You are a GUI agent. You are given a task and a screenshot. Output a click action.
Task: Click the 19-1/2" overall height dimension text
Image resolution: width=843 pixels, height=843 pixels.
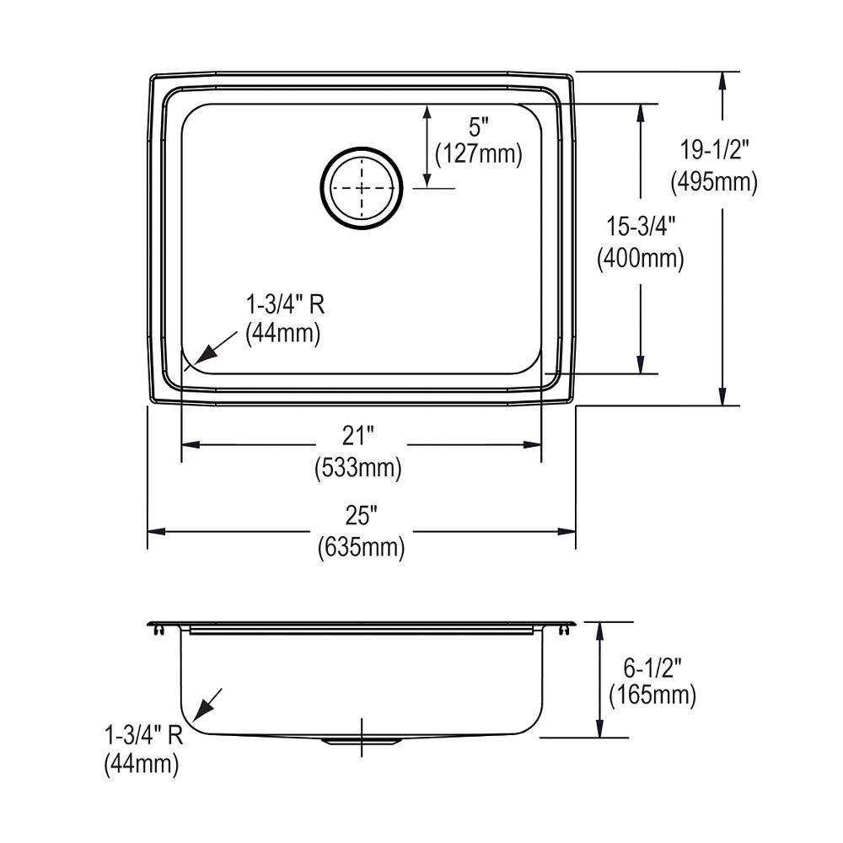(x=715, y=149)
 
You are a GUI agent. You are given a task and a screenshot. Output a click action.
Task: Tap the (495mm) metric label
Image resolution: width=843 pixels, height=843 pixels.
(x=714, y=182)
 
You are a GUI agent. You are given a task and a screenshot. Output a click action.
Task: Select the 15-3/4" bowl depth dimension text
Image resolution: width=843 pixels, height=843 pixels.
(x=641, y=226)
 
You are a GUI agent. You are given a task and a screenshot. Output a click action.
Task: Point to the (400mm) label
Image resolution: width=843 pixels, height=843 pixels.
(x=641, y=259)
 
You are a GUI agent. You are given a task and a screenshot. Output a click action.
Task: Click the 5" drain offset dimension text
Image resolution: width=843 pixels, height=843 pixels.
(x=479, y=127)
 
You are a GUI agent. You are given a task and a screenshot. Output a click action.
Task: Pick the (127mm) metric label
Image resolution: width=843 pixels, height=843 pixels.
(x=479, y=153)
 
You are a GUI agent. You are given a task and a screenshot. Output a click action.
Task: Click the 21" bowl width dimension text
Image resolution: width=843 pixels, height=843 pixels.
(x=358, y=436)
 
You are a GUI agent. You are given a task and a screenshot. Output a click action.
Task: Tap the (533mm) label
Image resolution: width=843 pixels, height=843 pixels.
(x=358, y=467)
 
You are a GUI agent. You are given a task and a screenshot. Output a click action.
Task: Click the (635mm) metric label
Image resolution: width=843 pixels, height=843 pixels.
(x=361, y=548)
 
